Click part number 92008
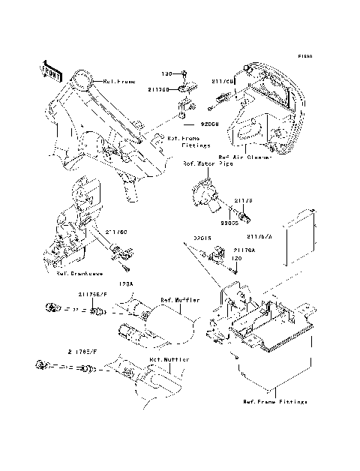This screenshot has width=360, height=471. (x=208, y=127)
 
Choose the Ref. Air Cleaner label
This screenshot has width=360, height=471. (x=244, y=157)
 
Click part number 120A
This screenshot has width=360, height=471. (x=127, y=284)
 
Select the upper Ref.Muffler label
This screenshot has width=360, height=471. (x=180, y=299)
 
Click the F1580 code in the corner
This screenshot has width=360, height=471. (x=304, y=55)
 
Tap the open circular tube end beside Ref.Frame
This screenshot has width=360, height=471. (x=84, y=78)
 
